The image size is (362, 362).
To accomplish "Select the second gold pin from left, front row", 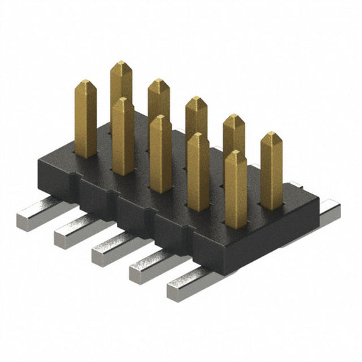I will tap(123, 139).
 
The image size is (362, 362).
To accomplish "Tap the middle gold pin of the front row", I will tap(160, 156).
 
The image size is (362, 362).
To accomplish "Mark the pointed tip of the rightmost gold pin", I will tap(271, 135).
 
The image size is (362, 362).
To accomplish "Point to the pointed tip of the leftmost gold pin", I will tap(85, 83).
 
